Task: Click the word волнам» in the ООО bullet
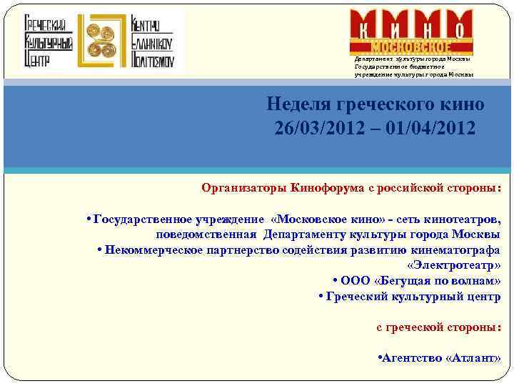coord(475,281)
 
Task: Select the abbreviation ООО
coord(355,281)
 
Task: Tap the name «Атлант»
coord(473,358)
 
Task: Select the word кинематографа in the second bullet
coord(456,249)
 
